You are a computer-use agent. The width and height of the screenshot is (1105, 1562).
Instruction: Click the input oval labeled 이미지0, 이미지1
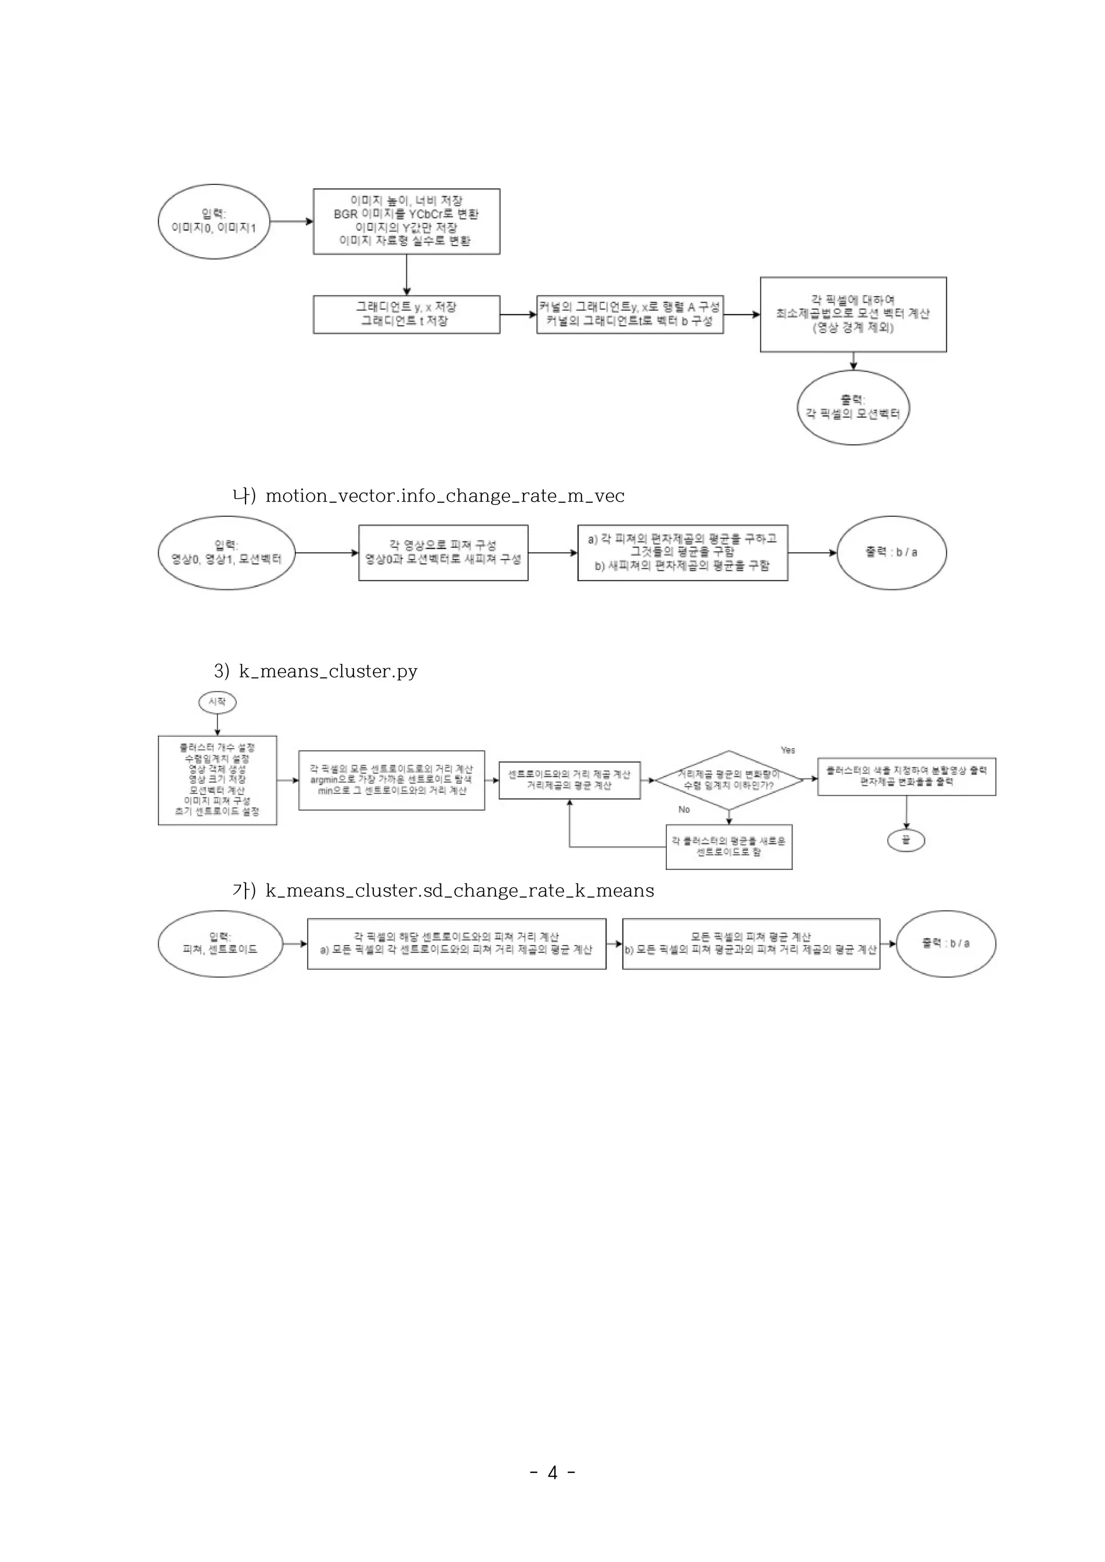(214, 221)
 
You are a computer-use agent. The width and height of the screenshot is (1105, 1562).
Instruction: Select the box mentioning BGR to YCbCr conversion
(406, 221)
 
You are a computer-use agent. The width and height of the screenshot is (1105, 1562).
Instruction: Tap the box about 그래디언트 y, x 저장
(406, 314)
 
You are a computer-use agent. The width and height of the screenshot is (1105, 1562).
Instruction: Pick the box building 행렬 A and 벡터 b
(630, 314)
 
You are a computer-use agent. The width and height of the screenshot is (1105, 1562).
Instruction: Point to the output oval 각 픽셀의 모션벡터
(852, 408)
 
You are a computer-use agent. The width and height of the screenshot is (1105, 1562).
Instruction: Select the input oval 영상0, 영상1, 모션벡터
(227, 552)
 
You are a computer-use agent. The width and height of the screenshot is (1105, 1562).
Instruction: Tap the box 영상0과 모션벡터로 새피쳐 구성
(443, 552)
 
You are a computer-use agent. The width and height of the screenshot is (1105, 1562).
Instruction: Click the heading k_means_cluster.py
(328, 672)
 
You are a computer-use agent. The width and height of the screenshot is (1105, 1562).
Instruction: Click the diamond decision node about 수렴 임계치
(729, 780)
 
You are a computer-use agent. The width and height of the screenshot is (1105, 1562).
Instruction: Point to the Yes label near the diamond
(788, 750)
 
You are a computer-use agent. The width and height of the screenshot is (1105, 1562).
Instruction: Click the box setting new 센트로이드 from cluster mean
(729, 847)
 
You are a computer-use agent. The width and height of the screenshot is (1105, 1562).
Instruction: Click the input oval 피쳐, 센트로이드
(220, 943)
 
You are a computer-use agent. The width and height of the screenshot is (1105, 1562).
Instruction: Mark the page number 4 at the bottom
(552, 1473)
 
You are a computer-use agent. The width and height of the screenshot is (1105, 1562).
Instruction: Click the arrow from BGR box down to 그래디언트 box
(406, 275)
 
